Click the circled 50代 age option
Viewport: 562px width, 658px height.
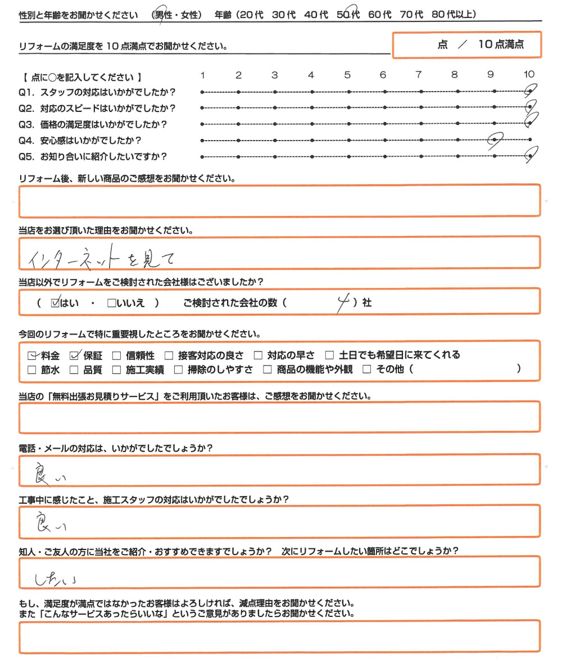click(348, 15)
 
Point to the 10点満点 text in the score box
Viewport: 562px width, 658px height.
click(501, 45)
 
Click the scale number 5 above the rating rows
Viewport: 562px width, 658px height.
click(347, 75)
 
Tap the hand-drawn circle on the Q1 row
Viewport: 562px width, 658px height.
click(530, 91)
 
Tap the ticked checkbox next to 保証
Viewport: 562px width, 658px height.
click(74, 355)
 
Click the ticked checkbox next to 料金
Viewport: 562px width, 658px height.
click(32, 355)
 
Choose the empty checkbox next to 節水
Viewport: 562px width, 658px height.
click(32, 369)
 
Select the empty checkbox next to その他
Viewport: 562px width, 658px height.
click(368, 369)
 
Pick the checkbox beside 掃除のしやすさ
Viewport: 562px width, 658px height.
click(178, 369)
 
